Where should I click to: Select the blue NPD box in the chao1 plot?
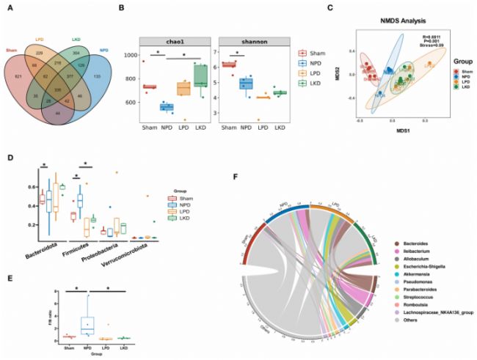[x=167, y=108]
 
